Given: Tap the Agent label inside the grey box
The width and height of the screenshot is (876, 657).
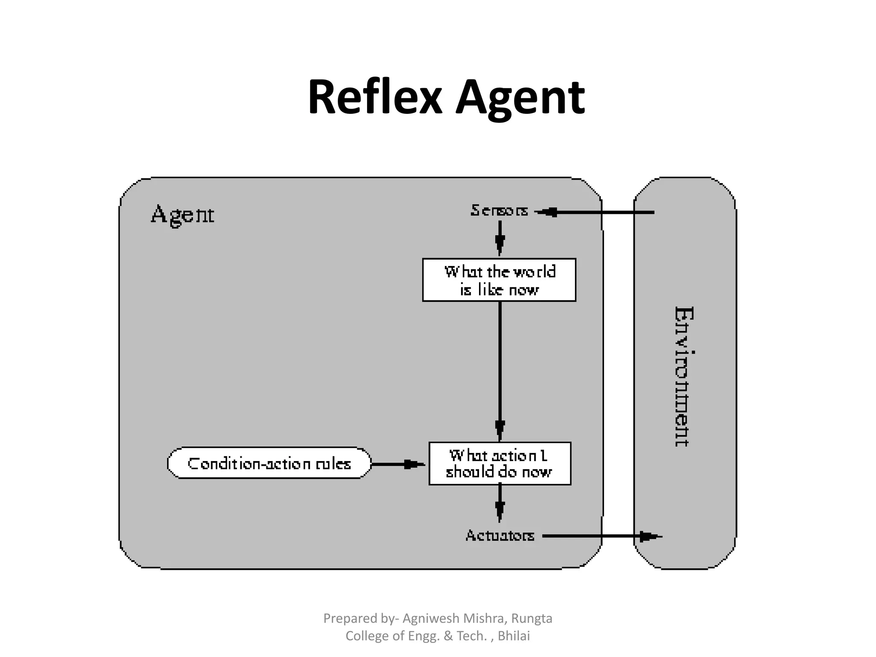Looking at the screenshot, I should [x=183, y=215].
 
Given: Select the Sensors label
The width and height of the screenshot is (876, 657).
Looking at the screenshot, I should [x=499, y=210].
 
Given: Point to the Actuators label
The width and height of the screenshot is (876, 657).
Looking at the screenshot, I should [x=500, y=536].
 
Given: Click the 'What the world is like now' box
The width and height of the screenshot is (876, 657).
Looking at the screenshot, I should [x=499, y=280].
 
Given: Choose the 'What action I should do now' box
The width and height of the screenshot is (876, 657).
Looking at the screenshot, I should [x=500, y=464].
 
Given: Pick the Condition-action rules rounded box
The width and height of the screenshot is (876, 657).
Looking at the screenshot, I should [x=269, y=463].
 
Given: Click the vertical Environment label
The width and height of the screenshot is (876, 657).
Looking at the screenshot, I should [x=684, y=376].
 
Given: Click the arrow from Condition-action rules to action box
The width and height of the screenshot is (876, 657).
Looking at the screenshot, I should [x=398, y=464].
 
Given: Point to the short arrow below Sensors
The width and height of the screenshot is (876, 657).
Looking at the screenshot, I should [x=500, y=238].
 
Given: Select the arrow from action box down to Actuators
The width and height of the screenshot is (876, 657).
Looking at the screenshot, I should [x=500, y=503].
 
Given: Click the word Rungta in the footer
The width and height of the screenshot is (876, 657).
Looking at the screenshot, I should [x=532, y=619].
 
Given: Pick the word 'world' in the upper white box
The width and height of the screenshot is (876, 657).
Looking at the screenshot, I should [x=534, y=272].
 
